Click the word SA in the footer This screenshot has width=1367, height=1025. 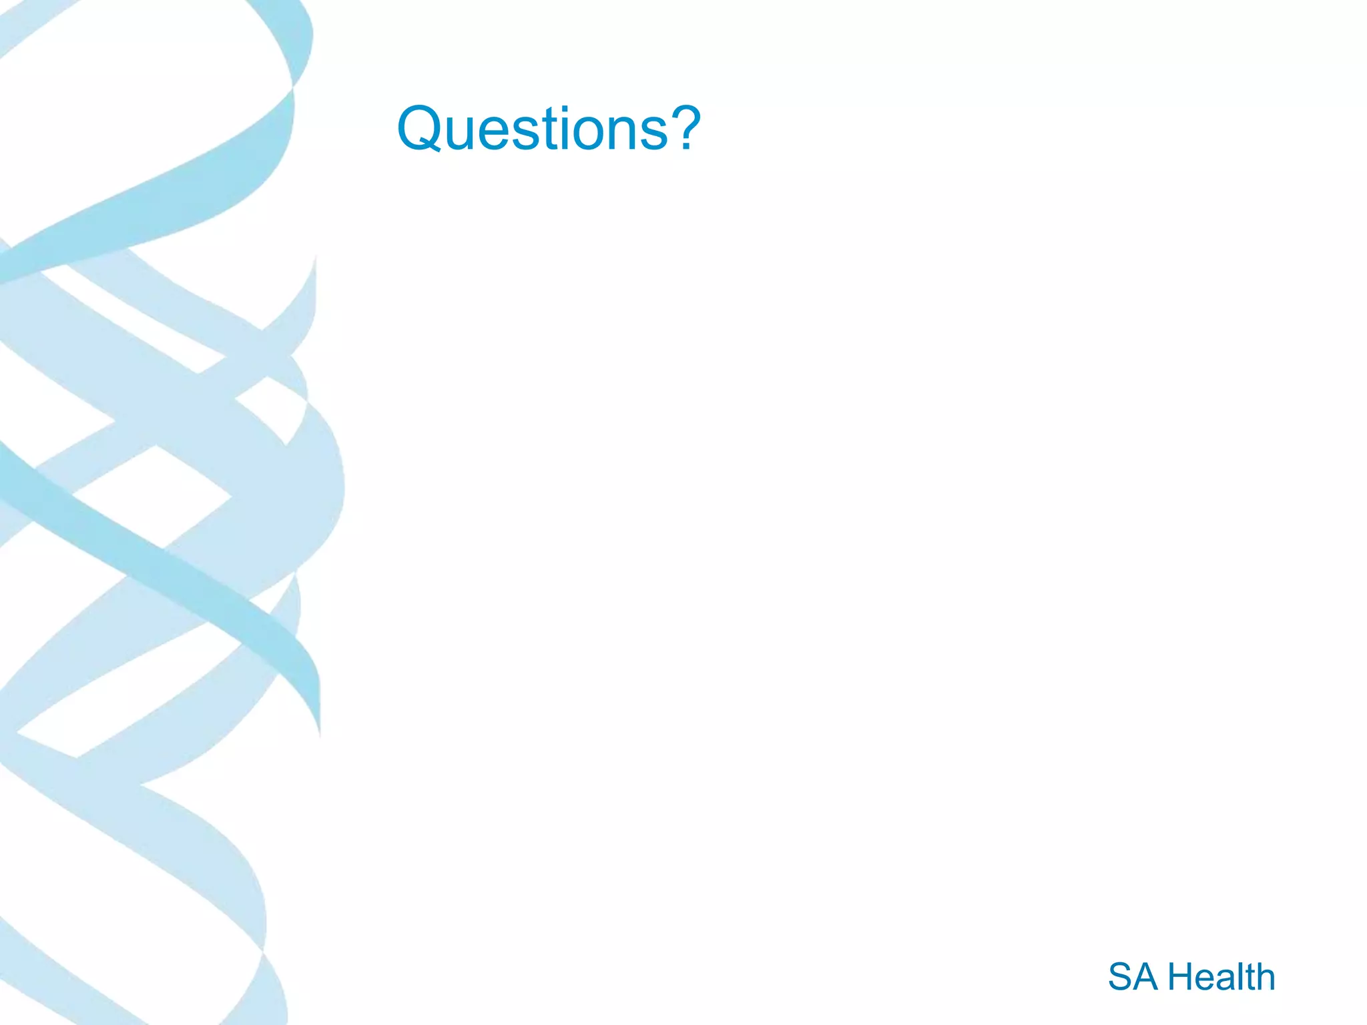[1133, 977]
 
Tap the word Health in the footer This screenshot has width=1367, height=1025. [1221, 977]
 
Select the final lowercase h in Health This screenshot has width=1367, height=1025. [1264, 977]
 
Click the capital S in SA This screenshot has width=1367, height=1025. [1121, 977]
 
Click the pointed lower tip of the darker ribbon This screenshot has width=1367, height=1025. [320, 734]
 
